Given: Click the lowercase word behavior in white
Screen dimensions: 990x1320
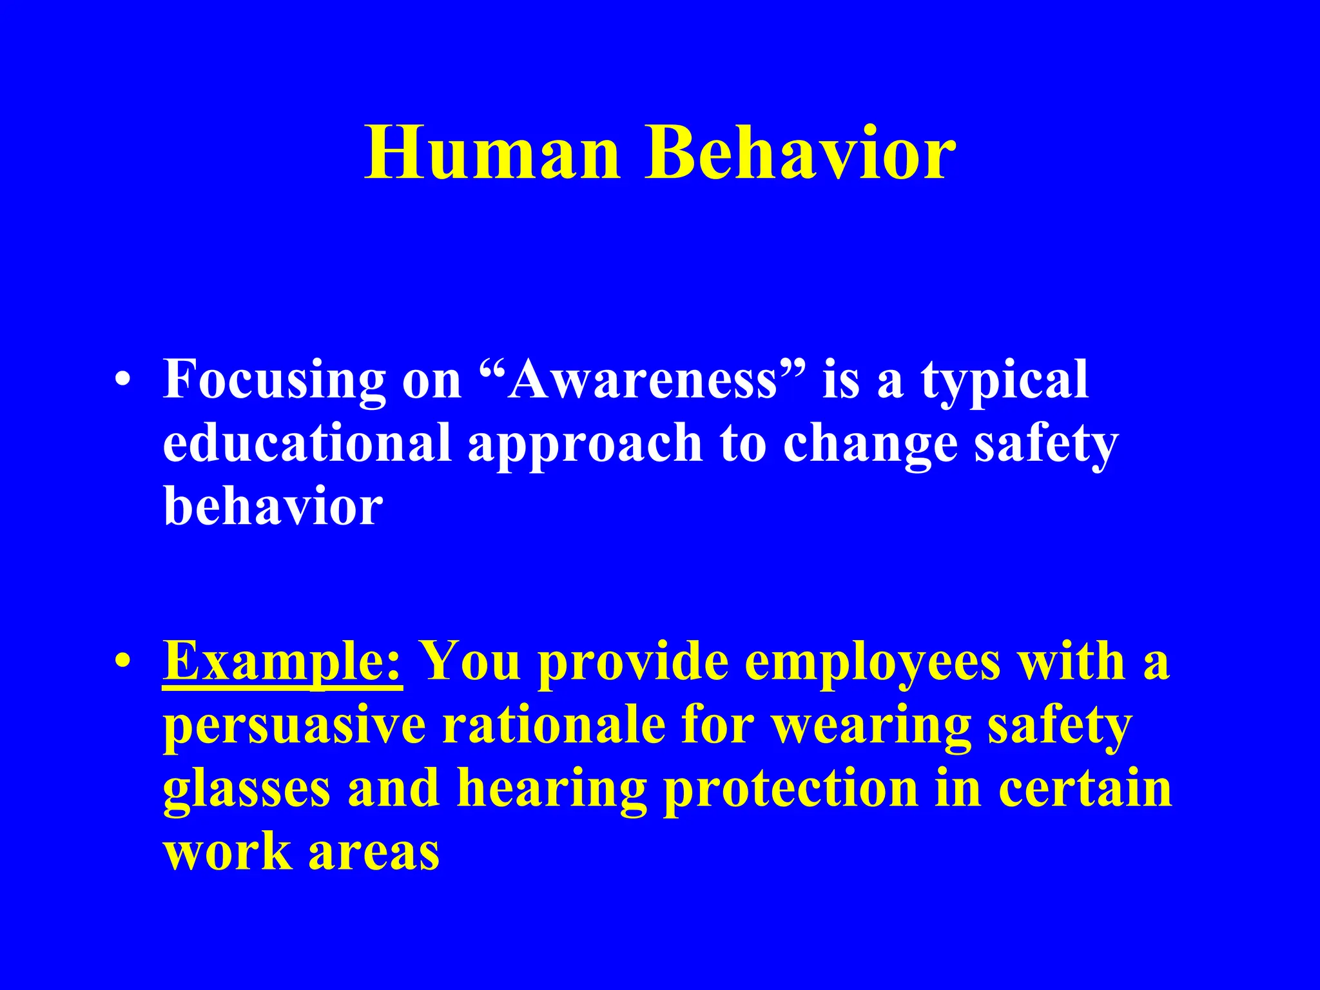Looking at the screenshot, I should click(x=273, y=506).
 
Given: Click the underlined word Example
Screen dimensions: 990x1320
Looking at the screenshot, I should click(x=282, y=662).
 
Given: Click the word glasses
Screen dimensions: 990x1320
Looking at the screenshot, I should click(x=246, y=790).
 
